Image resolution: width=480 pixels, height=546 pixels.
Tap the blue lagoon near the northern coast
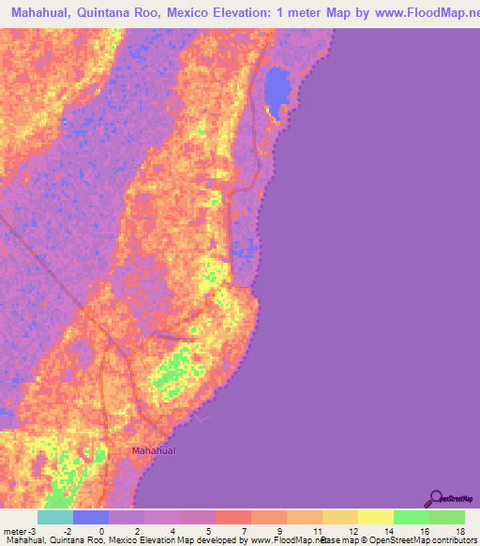(277, 90)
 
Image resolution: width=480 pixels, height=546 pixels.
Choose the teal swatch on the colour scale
(55, 517)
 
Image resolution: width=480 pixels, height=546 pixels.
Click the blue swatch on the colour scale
(91, 517)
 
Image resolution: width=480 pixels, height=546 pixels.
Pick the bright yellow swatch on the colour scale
(376, 517)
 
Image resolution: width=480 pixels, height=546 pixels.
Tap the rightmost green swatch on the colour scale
(447, 517)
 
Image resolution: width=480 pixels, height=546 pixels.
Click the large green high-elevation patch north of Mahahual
(173, 371)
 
